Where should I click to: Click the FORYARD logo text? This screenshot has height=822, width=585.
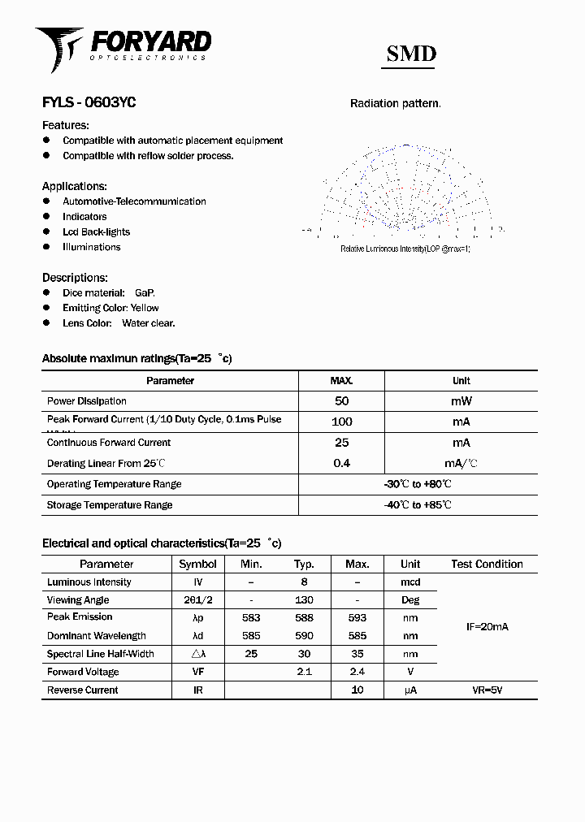click(150, 41)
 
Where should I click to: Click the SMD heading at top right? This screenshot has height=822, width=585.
click(410, 54)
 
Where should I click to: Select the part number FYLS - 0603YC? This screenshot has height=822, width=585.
click(89, 103)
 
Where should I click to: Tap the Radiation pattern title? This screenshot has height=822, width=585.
click(396, 103)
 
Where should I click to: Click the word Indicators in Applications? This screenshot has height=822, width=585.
click(84, 217)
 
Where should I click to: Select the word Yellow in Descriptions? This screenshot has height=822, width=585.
click(145, 308)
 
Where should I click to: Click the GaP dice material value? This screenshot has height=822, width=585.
click(145, 292)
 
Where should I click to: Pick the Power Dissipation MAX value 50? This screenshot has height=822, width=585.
click(341, 401)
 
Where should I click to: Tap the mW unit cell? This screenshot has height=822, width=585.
click(461, 401)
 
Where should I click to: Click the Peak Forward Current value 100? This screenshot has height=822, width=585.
click(341, 422)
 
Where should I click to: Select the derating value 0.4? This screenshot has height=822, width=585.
click(341, 464)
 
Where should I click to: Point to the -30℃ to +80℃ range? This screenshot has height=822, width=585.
click(418, 484)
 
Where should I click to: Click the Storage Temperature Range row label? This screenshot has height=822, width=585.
click(110, 505)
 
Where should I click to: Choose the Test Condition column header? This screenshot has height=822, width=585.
click(487, 564)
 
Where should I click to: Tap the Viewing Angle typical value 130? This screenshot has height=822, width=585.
click(304, 600)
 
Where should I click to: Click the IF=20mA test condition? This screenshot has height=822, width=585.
click(487, 627)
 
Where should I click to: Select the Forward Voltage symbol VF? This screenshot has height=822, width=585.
click(197, 672)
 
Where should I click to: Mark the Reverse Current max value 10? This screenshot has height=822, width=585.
click(357, 690)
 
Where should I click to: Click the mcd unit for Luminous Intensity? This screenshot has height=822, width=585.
click(410, 582)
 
